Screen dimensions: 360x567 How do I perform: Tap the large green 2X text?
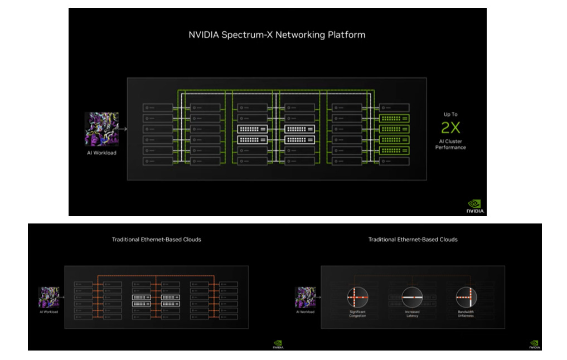click(x=450, y=128)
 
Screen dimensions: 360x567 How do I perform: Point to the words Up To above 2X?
click(x=450, y=114)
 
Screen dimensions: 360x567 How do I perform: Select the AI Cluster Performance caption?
click(x=450, y=144)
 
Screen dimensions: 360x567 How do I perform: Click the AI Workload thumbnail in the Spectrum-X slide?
click(x=101, y=129)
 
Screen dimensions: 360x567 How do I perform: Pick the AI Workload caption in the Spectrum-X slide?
click(x=101, y=153)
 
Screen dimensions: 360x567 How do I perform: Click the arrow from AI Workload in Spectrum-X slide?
click(x=123, y=129)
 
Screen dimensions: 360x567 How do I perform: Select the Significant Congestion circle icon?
click(x=357, y=296)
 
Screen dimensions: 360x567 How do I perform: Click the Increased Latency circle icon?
click(x=412, y=296)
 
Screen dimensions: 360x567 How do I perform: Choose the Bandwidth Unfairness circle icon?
click(x=466, y=296)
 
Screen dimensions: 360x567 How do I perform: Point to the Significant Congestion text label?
click(x=357, y=314)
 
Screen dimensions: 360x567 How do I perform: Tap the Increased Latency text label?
click(x=412, y=314)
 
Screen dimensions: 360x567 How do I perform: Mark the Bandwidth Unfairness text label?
click(x=466, y=314)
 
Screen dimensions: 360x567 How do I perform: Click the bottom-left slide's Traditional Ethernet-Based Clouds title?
click(x=156, y=240)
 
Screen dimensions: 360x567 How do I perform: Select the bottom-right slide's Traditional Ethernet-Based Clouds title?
click(x=413, y=240)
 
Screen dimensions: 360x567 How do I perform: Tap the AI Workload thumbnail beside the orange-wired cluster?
click(x=49, y=297)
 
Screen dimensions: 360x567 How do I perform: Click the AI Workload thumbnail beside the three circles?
click(x=305, y=297)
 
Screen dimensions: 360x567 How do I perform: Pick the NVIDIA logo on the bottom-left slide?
click(x=278, y=344)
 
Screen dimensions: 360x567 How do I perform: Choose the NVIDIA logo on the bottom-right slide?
click(x=534, y=344)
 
